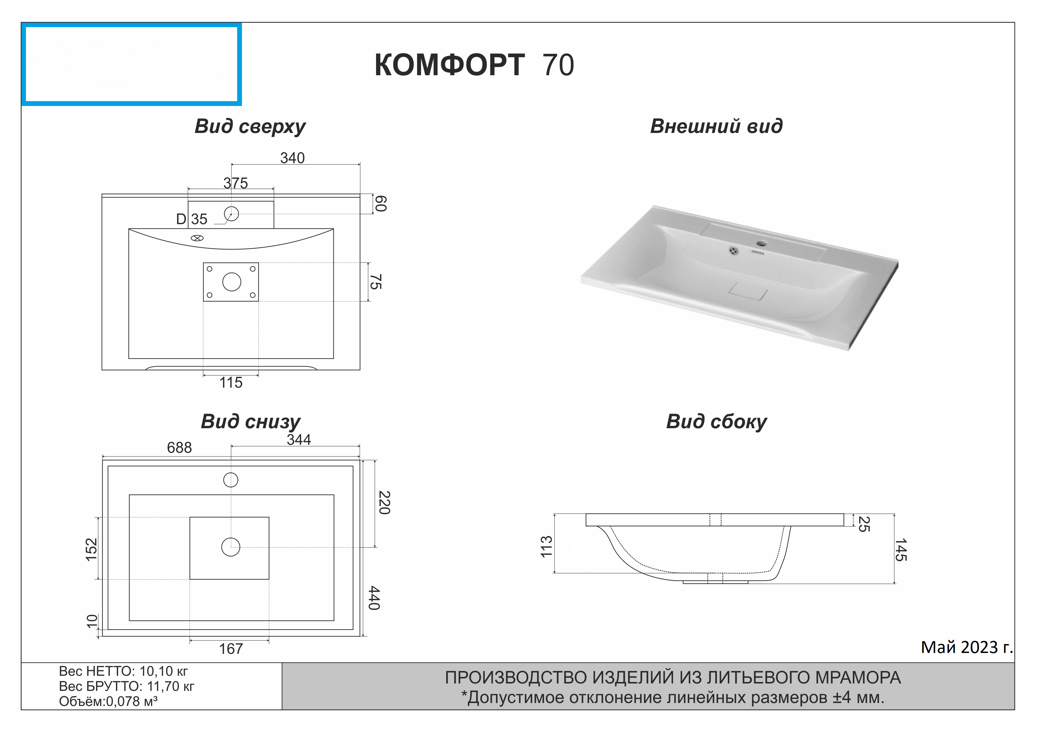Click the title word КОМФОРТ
pyautogui.click(x=449, y=65)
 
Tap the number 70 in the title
pyautogui.click(x=558, y=65)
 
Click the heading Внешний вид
pyautogui.click(x=716, y=126)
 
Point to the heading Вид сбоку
pyautogui.click(x=716, y=422)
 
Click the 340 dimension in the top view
pyautogui.click(x=292, y=158)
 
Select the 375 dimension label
pyautogui.click(x=235, y=183)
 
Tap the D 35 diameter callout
pyautogui.click(x=191, y=219)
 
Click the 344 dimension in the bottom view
pyautogui.click(x=299, y=439)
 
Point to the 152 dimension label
pyautogui.click(x=91, y=549)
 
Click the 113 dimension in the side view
pyautogui.click(x=547, y=546)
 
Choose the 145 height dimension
pyautogui.click(x=901, y=550)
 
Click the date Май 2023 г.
pyautogui.click(x=966, y=648)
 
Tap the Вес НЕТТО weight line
pyautogui.click(x=123, y=671)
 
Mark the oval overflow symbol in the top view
pyautogui.click(x=197, y=238)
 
